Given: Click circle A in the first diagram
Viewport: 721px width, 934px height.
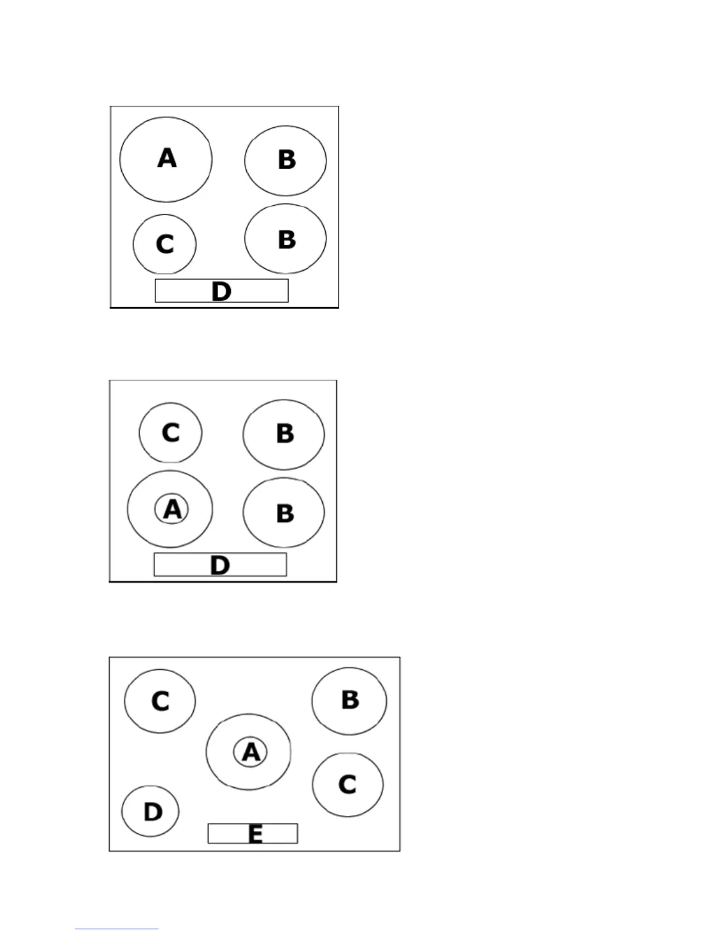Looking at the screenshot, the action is (166, 159).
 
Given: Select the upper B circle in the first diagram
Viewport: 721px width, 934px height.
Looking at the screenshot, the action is (286, 160).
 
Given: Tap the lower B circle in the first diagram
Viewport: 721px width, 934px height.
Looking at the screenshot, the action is (286, 239).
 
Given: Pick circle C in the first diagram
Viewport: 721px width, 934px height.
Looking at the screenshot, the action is (164, 244).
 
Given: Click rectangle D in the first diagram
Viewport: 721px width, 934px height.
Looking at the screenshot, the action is (221, 291).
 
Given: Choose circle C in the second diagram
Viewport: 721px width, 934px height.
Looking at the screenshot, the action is (170, 433).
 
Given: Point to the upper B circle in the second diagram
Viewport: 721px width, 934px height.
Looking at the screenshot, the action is (283, 434).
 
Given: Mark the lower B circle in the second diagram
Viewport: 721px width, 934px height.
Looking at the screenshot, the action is (283, 513).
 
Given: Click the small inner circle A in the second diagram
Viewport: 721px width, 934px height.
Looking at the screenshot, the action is (171, 509).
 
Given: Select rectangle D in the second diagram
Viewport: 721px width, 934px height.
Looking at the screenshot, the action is (220, 565).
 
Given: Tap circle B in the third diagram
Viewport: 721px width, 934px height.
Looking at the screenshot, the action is (349, 700).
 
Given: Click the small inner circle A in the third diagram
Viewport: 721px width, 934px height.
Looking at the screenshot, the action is (250, 752).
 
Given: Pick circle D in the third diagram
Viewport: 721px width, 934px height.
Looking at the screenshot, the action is (150, 811).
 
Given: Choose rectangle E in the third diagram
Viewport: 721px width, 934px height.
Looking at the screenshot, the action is (253, 834).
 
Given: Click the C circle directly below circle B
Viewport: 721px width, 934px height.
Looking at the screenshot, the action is (348, 785).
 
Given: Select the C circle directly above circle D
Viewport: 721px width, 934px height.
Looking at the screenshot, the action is (160, 701).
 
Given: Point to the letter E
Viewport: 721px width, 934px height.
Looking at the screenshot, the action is (255, 834).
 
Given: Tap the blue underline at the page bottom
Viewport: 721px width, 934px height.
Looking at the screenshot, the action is (117, 929).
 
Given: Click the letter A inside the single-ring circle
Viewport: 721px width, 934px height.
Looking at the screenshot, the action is (167, 158).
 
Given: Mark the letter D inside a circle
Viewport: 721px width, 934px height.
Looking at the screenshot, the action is (153, 812).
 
